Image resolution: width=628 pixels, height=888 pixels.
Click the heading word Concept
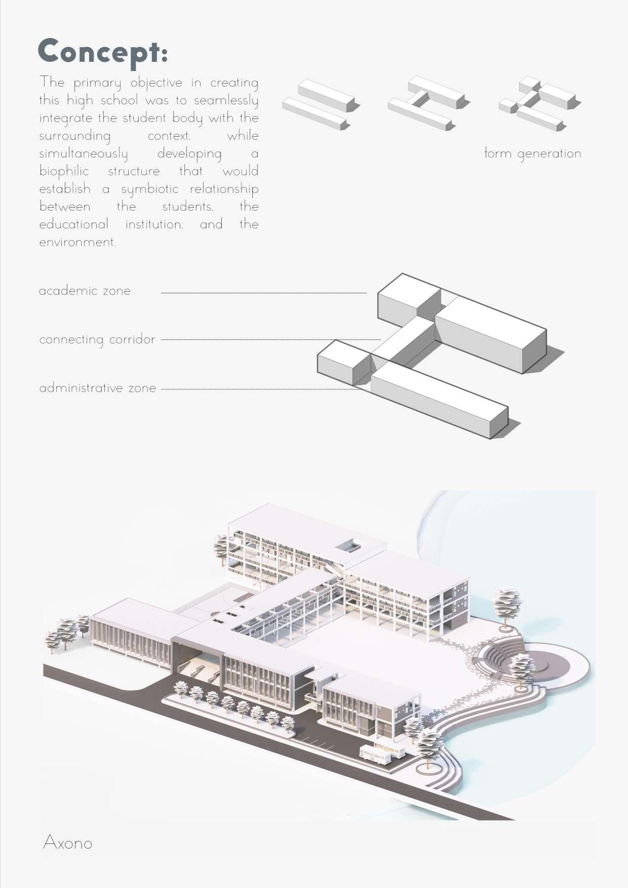[x=102, y=52]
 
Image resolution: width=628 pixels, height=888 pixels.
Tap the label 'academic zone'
[x=85, y=291]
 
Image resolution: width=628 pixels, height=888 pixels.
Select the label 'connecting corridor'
[x=97, y=339]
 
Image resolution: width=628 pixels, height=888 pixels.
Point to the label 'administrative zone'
[x=97, y=388]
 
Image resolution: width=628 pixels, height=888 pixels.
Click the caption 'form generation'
[x=532, y=153]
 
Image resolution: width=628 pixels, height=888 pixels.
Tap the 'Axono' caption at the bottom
[x=67, y=843]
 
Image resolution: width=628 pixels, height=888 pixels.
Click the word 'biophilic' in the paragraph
[x=64, y=171]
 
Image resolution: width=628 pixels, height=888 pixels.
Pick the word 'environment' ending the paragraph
[x=77, y=242]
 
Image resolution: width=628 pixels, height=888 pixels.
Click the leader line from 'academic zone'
[x=263, y=293]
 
